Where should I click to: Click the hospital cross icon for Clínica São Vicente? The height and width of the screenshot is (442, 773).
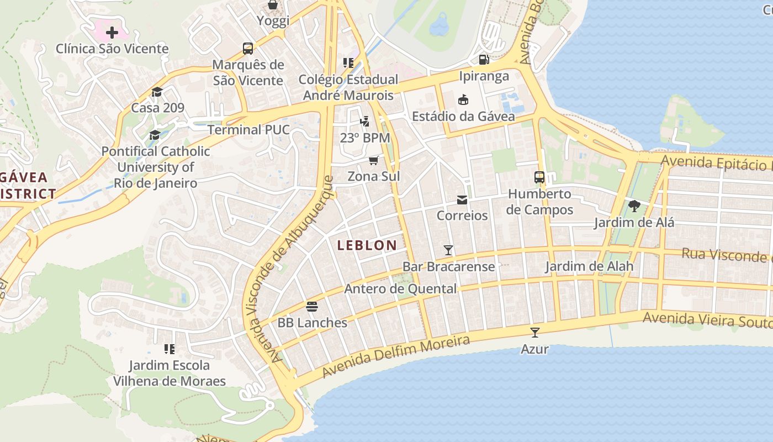coord(112,33)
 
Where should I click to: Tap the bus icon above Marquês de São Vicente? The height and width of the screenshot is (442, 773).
coord(248,48)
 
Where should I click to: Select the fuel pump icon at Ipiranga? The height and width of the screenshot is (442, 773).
coord(484,59)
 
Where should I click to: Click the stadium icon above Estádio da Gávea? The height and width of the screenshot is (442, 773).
coord(463,100)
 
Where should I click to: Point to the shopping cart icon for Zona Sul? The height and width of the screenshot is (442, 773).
coord(374,160)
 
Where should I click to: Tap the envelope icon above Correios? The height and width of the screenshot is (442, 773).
coord(462,199)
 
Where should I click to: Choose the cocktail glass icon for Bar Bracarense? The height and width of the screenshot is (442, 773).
coord(448,250)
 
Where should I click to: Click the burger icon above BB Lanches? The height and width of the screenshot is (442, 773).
coord(312,307)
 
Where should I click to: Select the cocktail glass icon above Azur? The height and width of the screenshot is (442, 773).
coord(534,333)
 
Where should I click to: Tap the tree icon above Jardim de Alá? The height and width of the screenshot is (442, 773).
coord(634,207)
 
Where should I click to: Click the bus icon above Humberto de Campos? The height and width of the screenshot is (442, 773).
coord(539,177)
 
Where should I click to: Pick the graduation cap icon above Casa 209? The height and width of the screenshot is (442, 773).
coord(157,92)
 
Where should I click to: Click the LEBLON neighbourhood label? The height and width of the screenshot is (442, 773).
coord(367,245)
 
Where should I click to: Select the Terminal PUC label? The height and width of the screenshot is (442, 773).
coord(248,130)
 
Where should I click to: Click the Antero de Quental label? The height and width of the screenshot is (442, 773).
coord(400,289)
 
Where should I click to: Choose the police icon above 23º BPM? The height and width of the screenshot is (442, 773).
coord(364,121)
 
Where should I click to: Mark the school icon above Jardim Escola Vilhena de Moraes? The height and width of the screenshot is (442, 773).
coord(170,349)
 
